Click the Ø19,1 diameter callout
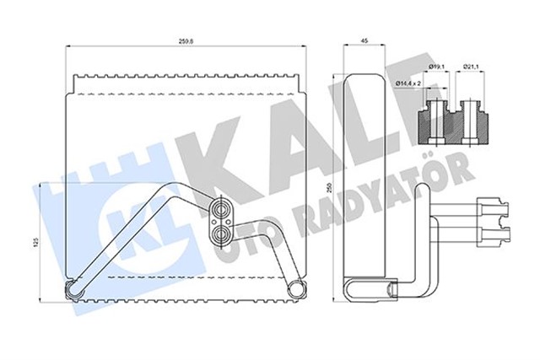pyautogui.click(x=437, y=65)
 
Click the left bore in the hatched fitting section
pyautogui.click(x=437, y=118)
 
